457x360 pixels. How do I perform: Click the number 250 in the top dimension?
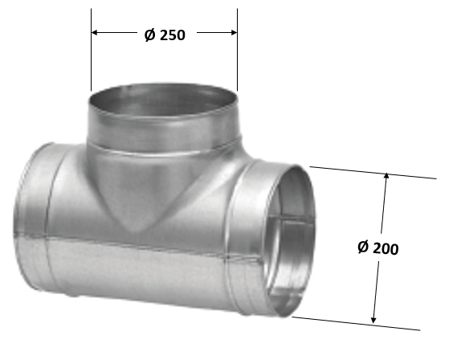[173, 35]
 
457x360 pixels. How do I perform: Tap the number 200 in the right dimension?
[386, 248]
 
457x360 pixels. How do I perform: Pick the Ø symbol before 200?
[362, 248]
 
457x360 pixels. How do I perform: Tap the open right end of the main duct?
[289, 241]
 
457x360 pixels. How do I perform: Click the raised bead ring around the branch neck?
[165, 148]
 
